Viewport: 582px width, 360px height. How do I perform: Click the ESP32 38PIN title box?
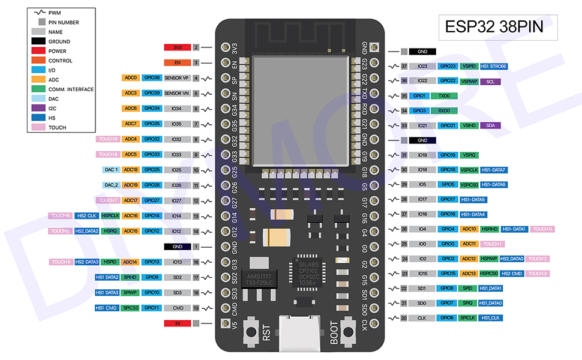[490, 27]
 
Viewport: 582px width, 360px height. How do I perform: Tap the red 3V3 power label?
[177, 47]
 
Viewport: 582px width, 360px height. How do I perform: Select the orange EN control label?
[177, 62]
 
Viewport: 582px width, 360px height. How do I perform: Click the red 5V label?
[177, 323]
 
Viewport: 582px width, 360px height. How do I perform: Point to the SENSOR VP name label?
[176, 78]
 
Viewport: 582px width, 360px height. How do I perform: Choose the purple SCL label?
[490, 81]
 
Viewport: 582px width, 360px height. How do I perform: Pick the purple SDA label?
[490, 125]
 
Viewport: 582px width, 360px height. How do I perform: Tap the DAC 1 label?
[111, 170]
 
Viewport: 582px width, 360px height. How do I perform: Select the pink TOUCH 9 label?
[108, 139]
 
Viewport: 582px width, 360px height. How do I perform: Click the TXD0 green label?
[444, 96]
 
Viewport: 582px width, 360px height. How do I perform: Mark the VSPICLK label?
[469, 170]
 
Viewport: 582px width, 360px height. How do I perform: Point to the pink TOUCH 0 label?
[542, 229]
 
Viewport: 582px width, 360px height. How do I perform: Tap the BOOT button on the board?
[346, 331]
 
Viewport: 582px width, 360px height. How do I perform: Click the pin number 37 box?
[404, 67]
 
